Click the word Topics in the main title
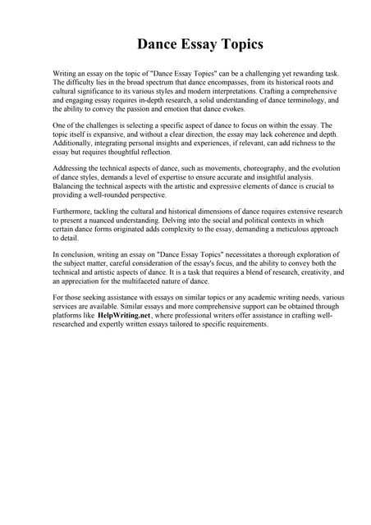232,44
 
